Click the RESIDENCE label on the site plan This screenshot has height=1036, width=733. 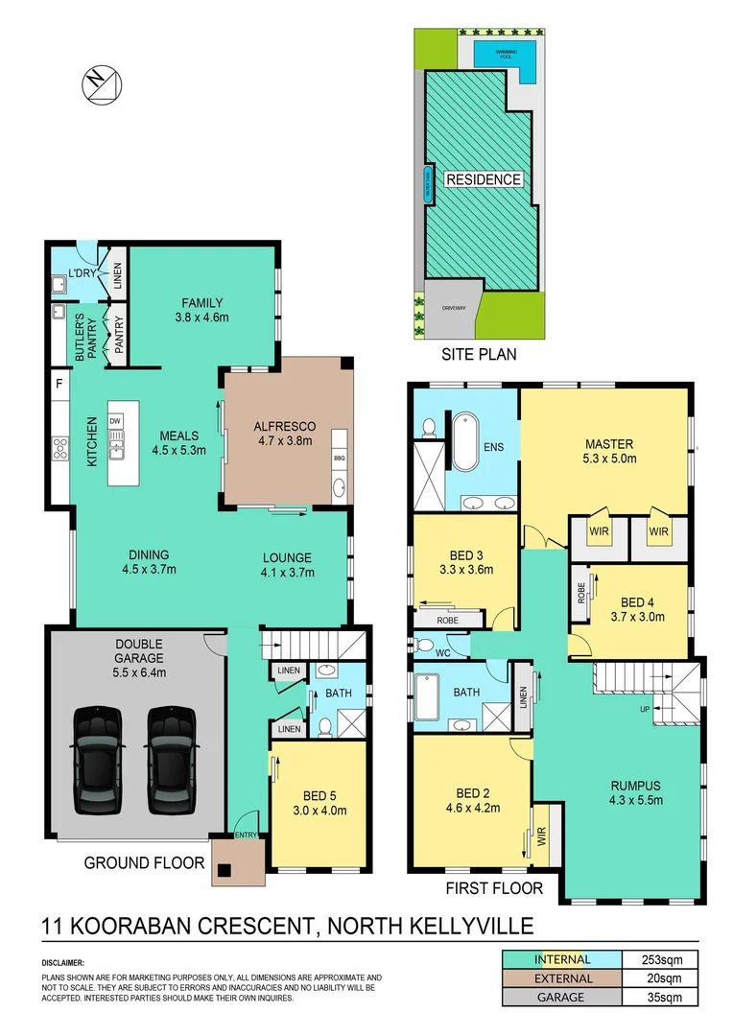483,179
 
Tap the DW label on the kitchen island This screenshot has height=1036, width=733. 116,420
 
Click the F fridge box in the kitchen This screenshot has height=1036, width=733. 59,385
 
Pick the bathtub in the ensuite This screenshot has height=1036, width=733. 464,441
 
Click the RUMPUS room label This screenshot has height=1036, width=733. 635,785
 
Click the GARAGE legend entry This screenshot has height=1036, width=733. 562,998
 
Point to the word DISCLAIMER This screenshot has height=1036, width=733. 63,961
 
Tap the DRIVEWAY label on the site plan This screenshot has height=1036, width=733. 453,309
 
